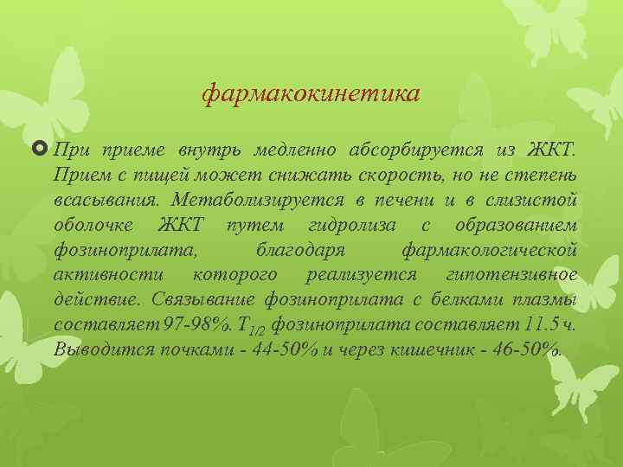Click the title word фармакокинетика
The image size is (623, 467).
pos(311,92)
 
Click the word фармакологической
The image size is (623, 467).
pos(491,251)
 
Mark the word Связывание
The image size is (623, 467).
pos(193,300)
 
